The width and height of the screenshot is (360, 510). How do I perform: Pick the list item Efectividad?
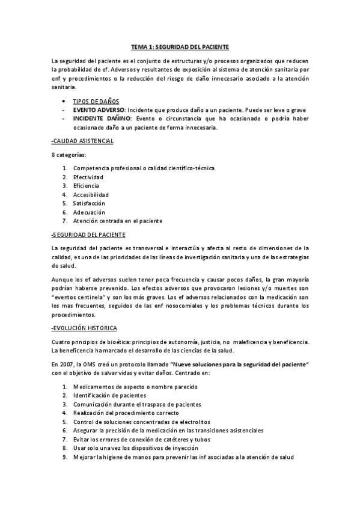pos(88,177)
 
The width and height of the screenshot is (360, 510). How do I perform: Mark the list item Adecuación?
pos(89,212)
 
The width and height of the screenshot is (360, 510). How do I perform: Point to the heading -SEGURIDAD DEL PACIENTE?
pos(88,235)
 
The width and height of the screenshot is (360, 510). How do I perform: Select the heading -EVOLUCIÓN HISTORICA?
pos(84,328)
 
